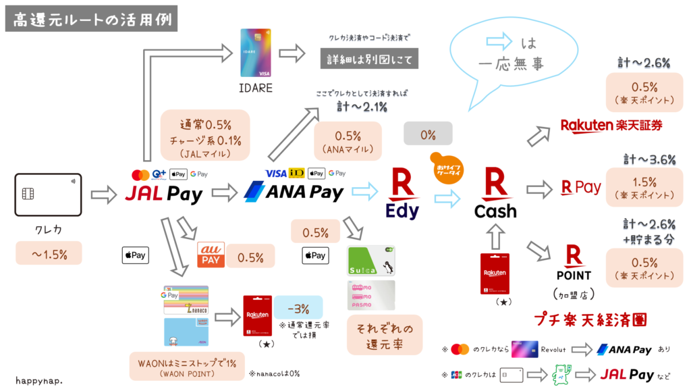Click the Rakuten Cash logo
coord(496,195)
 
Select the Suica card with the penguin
coord(370,260)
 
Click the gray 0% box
coord(428,134)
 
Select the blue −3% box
coord(298,309)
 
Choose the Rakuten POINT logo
coord(574,263)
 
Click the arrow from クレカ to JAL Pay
coord(103,195)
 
